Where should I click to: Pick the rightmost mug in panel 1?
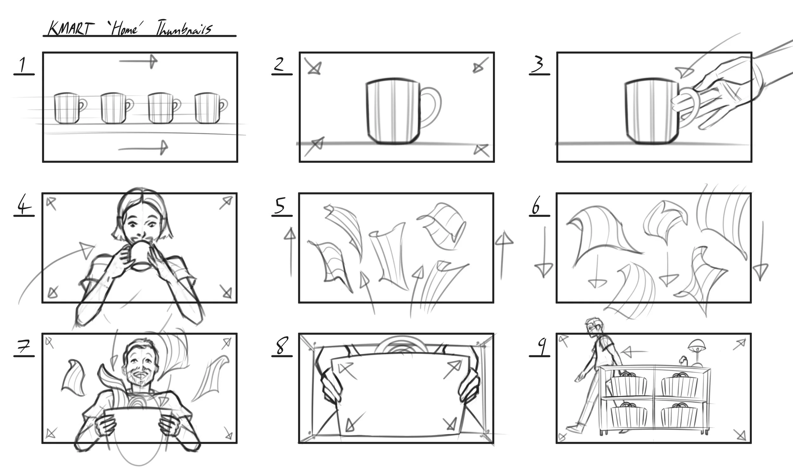(x=209, y=108)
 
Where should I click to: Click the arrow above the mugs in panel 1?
(x=139, y=61)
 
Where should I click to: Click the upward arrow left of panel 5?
(x=290, y=251)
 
